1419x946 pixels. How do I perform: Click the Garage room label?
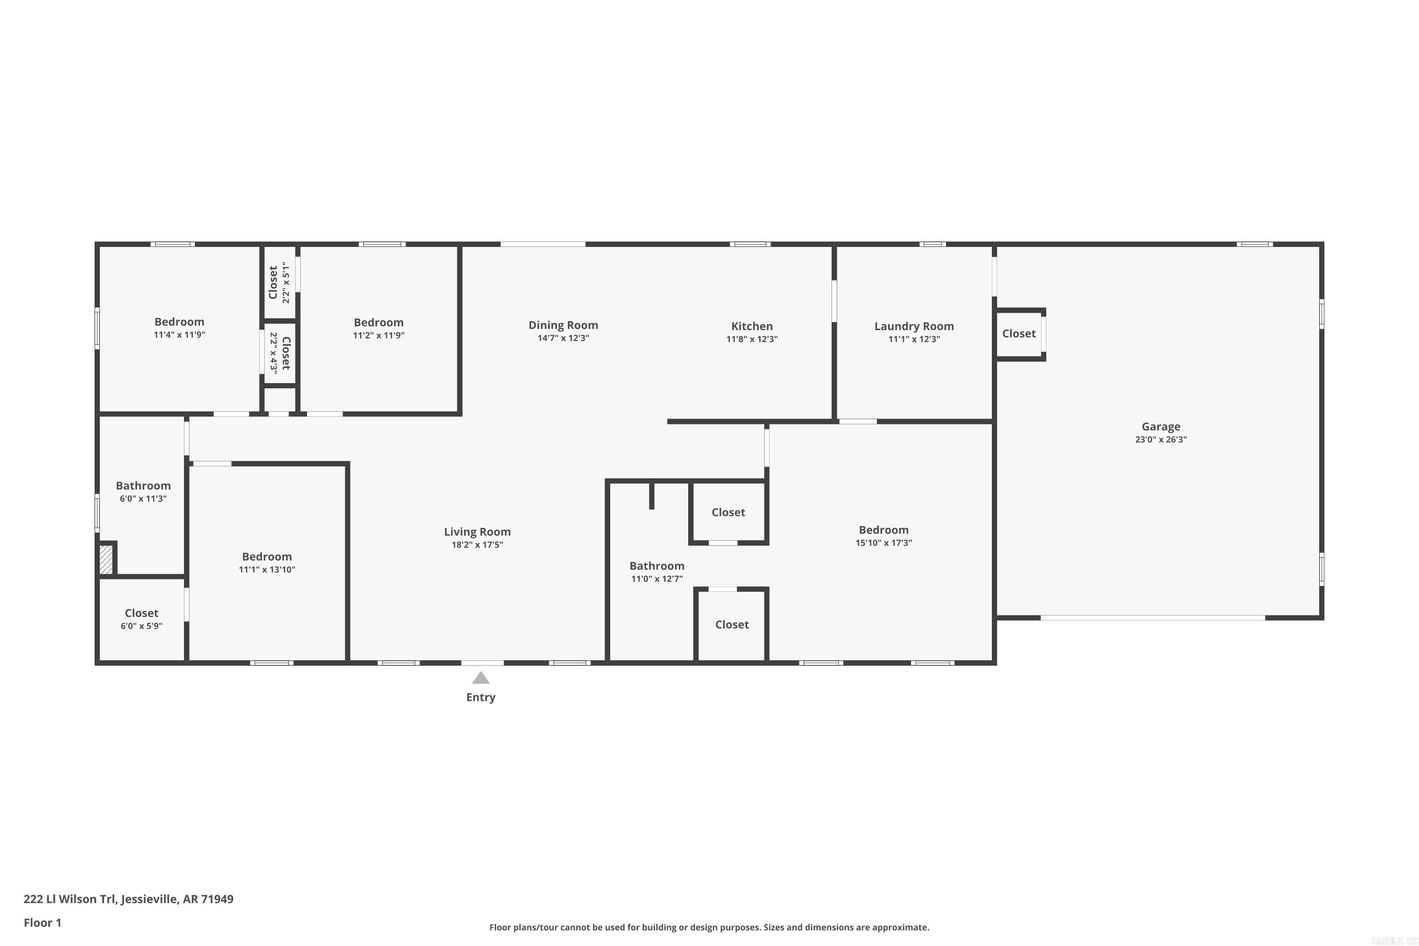[x=1160, y=427]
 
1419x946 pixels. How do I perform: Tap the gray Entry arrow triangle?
[x=480, y=678]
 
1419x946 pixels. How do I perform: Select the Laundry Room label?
[x=913, y=326]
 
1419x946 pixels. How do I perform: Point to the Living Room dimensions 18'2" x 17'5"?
[x=477, y=545]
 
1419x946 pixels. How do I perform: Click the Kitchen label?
[x=751, y=326]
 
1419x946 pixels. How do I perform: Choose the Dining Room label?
[x=563, y=325]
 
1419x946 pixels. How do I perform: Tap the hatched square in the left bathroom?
[x=105, y=559]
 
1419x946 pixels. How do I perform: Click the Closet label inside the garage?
[x=1018, y=333]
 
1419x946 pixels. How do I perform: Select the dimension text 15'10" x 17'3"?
[x=883, y=543]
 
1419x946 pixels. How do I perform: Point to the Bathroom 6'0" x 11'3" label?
[x=143, y=486]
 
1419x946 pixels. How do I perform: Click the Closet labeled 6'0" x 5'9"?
[x=141, y=613]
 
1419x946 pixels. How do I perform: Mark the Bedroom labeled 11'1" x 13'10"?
[x=267, y=557]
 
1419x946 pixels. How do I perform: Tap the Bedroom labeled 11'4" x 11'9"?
[x=179, y=322]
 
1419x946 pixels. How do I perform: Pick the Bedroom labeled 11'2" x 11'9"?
[x=378, y=323]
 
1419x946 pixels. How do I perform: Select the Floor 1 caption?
[x=42, y=922]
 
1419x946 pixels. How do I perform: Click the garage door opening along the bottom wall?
[x=1152, y=618]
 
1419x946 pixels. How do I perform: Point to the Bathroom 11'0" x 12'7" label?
[x=657, y=566]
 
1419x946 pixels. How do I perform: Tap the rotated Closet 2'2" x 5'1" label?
[x=278, y=282]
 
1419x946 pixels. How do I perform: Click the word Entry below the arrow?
[x=480, y=697]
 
